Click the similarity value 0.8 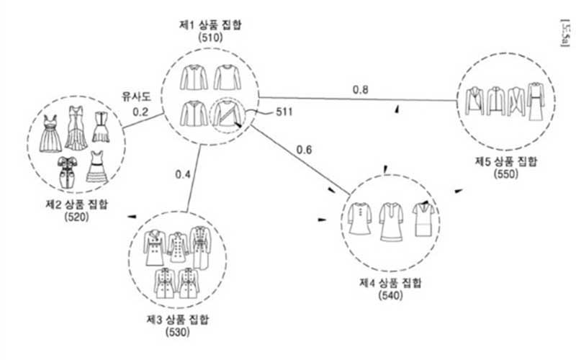361,90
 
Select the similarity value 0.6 305,150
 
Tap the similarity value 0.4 184,174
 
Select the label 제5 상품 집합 505,161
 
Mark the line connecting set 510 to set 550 360,99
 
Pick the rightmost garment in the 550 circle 535,102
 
